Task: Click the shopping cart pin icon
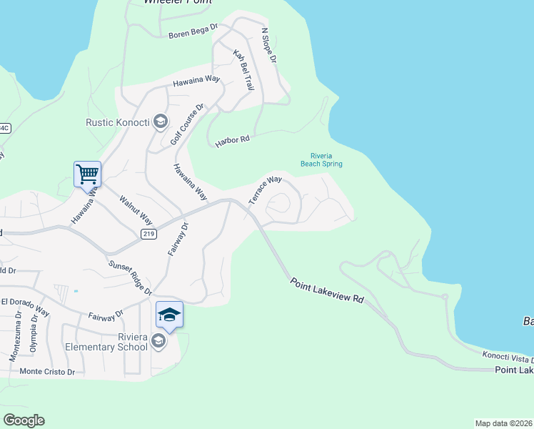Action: (87, 174)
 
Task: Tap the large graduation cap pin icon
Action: (169, 315)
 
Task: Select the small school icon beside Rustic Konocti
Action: (159, 122)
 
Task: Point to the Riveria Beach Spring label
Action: (326, 160)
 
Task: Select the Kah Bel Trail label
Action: (244, 69)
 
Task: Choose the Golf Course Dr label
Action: (188, 124)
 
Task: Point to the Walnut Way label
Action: (136, 209)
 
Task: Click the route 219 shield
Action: (148, 235)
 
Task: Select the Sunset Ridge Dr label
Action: (130, 277)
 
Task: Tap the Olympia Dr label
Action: (33, 335)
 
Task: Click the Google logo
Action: (24, 420)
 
